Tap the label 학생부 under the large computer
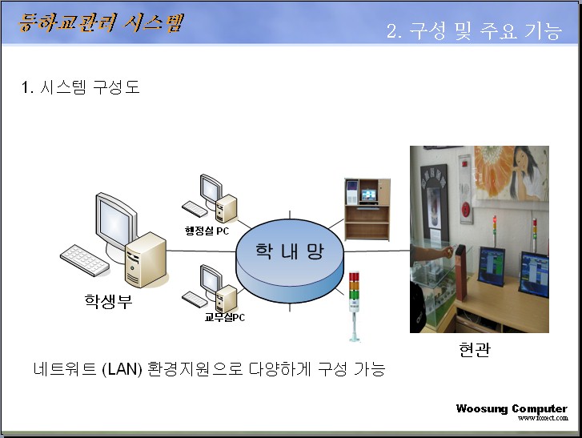[108, 301]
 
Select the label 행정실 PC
[207, 231]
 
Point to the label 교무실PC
[225, 317]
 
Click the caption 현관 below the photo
[475, 349]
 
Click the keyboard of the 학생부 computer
[85, 259]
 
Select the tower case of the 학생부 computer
[146, 259]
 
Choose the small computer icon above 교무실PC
[210, 288]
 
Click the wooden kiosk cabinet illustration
[367, 210]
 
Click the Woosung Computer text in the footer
[512, 408]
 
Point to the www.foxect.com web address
[543, 418]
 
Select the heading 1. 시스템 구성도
[80, 87]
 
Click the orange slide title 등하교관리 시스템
[101, 22]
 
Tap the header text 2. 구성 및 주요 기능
[474, 30]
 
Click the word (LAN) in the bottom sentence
[122, 369]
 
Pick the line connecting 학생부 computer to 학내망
[202, 251]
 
